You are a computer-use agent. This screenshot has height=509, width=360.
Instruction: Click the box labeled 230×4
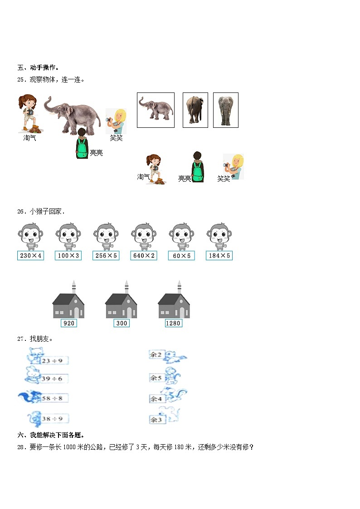coord(31,256)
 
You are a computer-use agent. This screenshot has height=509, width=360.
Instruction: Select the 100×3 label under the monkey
coord(68,256)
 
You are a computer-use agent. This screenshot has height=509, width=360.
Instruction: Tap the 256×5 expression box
coord(106,256)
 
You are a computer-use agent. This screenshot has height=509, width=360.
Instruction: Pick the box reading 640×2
coord(144,256)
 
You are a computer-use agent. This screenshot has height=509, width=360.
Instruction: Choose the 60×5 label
coord(181,256)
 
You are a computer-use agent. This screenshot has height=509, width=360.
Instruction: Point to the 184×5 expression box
coord(219,256)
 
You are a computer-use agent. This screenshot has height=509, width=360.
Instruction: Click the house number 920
coord(69,323)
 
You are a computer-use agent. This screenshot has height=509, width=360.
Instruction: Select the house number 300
coord(122,323)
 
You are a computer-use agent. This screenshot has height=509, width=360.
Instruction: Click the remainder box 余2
coord(156,355)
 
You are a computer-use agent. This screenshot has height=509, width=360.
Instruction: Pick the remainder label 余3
coord(156,420)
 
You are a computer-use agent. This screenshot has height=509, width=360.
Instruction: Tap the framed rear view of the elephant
coord(195,110)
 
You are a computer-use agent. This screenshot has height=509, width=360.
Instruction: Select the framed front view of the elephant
coord(225,110)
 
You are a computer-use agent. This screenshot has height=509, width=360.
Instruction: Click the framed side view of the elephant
coord(156,110)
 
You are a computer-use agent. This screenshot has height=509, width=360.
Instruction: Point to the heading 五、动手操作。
coord(38,68)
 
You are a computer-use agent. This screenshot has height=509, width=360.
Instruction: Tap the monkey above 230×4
coord(30,236)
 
